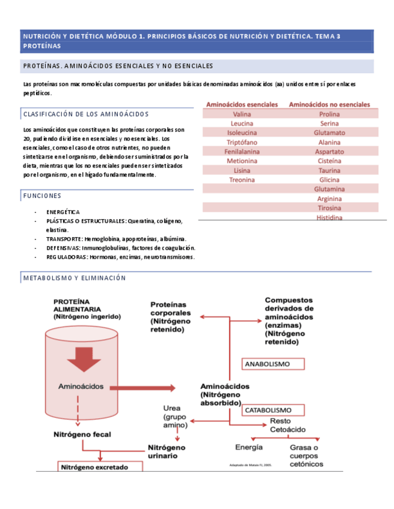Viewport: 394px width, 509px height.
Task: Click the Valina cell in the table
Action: tap(241, 114)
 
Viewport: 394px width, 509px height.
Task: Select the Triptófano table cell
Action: tap(241, 142)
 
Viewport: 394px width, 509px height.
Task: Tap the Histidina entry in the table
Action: tap(329, 217)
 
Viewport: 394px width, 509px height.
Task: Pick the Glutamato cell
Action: tap(329, 133)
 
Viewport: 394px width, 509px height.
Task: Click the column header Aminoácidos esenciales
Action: tap(242, 104)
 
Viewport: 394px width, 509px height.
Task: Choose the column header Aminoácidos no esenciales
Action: tap(329, 104)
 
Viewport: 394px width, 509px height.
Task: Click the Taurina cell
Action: tap(329, 170)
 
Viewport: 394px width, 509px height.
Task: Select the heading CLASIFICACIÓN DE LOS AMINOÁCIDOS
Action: tap(86, 114)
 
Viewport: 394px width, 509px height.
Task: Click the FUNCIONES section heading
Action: tap(42, 196)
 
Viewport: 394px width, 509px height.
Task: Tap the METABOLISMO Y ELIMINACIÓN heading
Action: tap(75, 278)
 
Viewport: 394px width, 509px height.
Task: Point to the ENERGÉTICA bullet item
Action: tap(63, 212)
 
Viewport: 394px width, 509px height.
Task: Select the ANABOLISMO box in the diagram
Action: tap(267, 364)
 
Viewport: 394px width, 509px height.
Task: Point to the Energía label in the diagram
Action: tap(248, 447)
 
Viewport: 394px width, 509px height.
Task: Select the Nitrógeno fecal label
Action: tap(82, 434)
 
